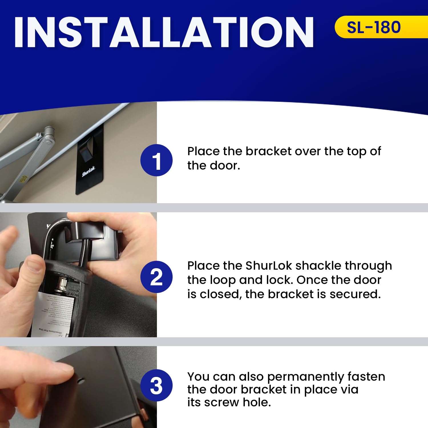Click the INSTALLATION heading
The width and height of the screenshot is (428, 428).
[164, 32]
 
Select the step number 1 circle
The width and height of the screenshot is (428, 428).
[156, 160]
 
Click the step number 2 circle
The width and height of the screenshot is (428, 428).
[156, 277]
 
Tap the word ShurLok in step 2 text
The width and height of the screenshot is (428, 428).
[268, 266]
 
